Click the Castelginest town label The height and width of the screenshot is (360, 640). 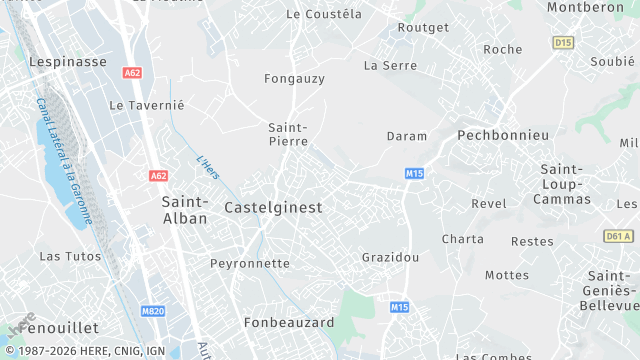[273, 208]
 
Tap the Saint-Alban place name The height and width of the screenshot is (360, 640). [185, 210]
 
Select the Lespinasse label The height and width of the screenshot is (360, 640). [67, 61]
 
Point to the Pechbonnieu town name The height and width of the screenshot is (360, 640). [503, 134]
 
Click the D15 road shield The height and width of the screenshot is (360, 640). [563, 42]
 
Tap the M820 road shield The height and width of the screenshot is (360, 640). [152, 311]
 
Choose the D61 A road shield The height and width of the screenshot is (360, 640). [619, 236]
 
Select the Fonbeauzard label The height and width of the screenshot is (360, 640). [290, 323]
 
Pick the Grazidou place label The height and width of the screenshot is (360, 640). [390, 257]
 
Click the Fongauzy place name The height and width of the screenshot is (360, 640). [294, 78]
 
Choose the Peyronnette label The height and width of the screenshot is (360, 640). [250, 264]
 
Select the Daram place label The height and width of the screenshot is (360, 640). [407, 136]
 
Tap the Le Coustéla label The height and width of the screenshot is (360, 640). [323, 14]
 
